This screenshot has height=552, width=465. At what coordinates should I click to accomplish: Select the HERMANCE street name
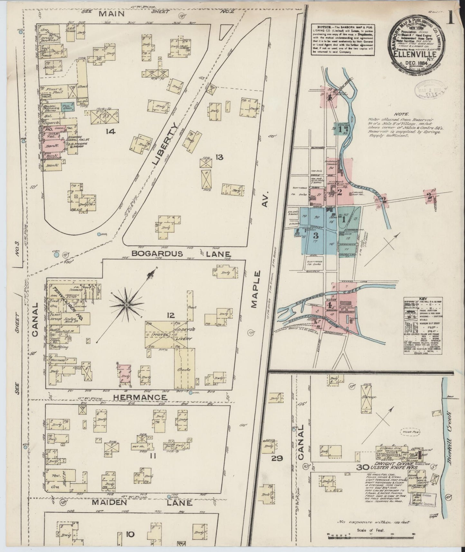click(x=140, y=397)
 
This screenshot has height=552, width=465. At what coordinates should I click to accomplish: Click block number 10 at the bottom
click(x=130, y=535)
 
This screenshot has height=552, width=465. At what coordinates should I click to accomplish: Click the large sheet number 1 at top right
click(x=450, y=17)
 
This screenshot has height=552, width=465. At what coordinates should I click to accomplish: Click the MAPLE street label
click(x=256, y=289)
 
